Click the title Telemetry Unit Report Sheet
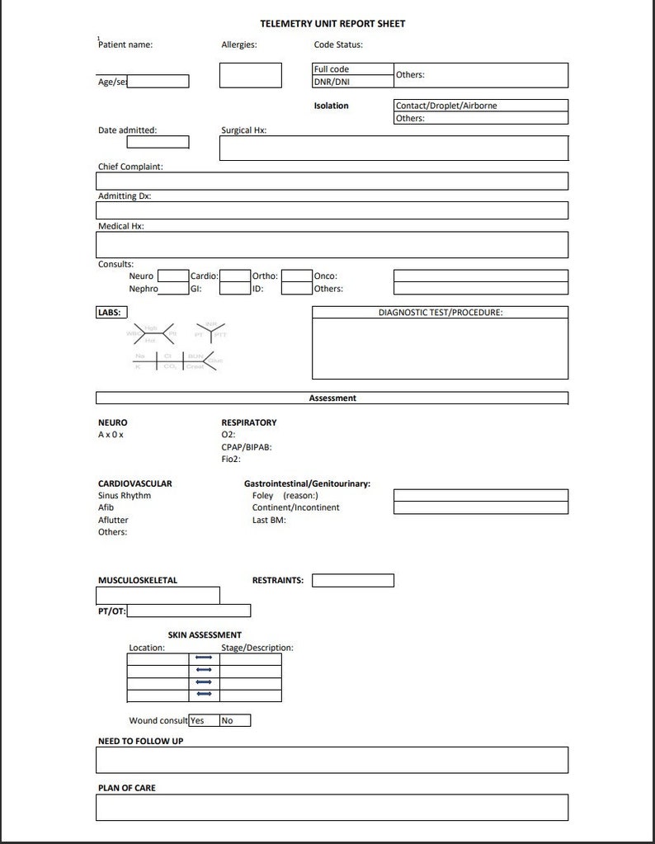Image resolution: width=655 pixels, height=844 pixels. click(332, 24)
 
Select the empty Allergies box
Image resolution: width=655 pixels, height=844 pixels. click(250, 75)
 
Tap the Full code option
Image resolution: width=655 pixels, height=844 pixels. click(352, 69)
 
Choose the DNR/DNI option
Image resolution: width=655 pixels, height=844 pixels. click(352, 82)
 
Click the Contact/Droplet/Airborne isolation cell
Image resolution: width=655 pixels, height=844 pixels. click(481, 106)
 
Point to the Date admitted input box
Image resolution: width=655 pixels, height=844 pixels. click(158, 142)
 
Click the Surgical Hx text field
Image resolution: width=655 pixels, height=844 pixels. click(393, 149)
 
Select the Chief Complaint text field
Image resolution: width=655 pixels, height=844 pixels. click(332, 182)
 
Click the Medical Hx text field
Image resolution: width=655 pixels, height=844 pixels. click(332, 245)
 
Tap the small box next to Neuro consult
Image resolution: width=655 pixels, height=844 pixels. click(173, 276)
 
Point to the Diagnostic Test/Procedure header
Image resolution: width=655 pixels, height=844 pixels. click(440, 313)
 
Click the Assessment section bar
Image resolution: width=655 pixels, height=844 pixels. click(332, 398)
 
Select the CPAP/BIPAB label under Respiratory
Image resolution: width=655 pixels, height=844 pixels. click(247, 446)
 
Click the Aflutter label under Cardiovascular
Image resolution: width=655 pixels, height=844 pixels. click(113, 520)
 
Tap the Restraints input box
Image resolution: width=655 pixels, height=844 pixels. click(352, 580)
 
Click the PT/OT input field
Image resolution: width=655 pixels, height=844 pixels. click(189, 611)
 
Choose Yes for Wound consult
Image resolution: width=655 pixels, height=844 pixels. click(204, 720)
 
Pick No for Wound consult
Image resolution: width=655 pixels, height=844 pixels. click(235, 720)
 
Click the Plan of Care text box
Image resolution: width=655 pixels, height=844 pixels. click(332, 807)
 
